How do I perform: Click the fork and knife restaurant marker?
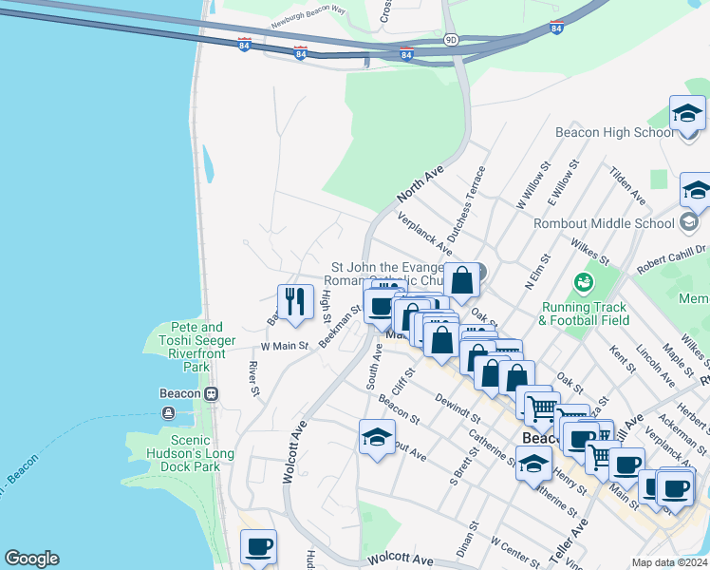click(x=295, y=302)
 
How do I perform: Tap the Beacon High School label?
click(x=614, y=132)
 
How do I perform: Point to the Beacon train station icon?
click(x=212, y=393)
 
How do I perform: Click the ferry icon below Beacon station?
click(x=168, y=412)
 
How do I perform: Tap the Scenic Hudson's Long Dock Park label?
click(x=189, y=453)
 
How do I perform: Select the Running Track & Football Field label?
click(x=584, y=313)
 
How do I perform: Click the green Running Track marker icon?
click(x=584, y=283)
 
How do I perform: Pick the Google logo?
click(x=31, y=559)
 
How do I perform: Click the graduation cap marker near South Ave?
click(x=377, y=438)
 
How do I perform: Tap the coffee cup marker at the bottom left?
click(x=258, y=546)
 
